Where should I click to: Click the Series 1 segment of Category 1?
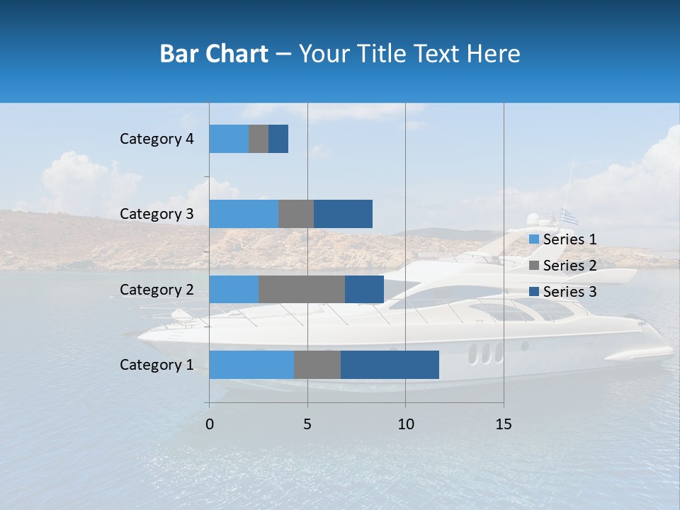(x=251, y=365)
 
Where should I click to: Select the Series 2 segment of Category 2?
(x=302, y=289)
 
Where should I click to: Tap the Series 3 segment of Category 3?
(x=343, y=214)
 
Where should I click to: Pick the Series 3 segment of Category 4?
(x=278, y=139)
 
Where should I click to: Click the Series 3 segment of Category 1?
(x=390, y=365)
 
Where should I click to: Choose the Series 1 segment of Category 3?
(x=244, y=214)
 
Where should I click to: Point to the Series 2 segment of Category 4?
(x=259, y=139)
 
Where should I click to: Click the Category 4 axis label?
(x=157, y=139)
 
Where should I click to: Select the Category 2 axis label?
(x=157, y=290)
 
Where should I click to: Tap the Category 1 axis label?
(x=157, y=365)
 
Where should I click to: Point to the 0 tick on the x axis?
(x=210, y=424)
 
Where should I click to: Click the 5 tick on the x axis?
(x=307, y=424)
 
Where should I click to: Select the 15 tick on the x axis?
(x=504, y=424)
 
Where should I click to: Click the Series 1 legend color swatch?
(x=533, y=239)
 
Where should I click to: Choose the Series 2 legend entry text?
(x=569, y=266)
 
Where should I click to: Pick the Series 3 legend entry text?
(x=569, y=292)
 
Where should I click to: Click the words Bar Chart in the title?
(x=214, y=54)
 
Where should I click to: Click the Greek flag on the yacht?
(x=569, y=216)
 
